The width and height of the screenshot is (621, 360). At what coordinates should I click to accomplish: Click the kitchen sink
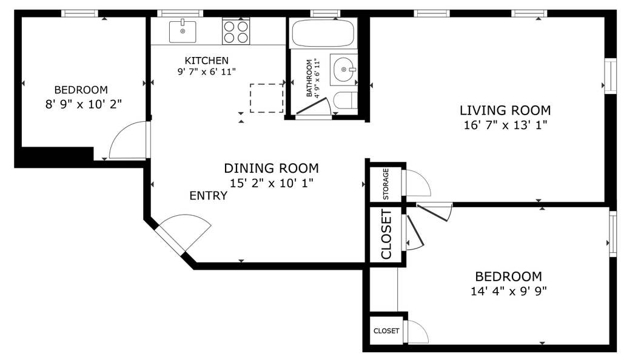tap(183, 32)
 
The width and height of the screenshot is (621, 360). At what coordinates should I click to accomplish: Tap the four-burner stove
tap(236, 32)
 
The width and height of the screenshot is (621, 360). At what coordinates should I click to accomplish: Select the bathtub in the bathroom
tap(323, 33)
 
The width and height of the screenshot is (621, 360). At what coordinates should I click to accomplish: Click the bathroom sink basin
tap(343, 69)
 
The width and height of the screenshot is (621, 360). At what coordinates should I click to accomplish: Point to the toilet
tap(345, 101)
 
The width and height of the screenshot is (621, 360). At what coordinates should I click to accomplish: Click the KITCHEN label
tap(206, 61)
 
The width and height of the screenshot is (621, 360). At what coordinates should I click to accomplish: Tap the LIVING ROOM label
tap(505, 110)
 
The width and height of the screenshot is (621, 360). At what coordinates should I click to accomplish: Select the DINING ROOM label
tap(271, 168)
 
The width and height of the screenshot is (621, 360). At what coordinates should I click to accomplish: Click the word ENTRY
tap(209, 195)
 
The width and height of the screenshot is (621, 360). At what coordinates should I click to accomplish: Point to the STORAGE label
tap(386, 184)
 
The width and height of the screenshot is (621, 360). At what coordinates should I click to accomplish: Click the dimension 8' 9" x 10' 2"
tap(83, 104)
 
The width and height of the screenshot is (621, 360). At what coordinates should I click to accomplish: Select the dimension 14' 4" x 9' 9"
tap(509, 291)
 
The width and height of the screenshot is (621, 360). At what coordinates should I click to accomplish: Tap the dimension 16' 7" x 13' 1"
tap(505, 125)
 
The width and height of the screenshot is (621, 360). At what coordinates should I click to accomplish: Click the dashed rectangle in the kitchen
tap(267, 98)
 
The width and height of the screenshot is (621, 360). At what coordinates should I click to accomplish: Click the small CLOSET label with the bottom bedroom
tap(386, 331)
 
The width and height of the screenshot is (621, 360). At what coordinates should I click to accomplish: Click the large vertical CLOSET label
tap(386, 234)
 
